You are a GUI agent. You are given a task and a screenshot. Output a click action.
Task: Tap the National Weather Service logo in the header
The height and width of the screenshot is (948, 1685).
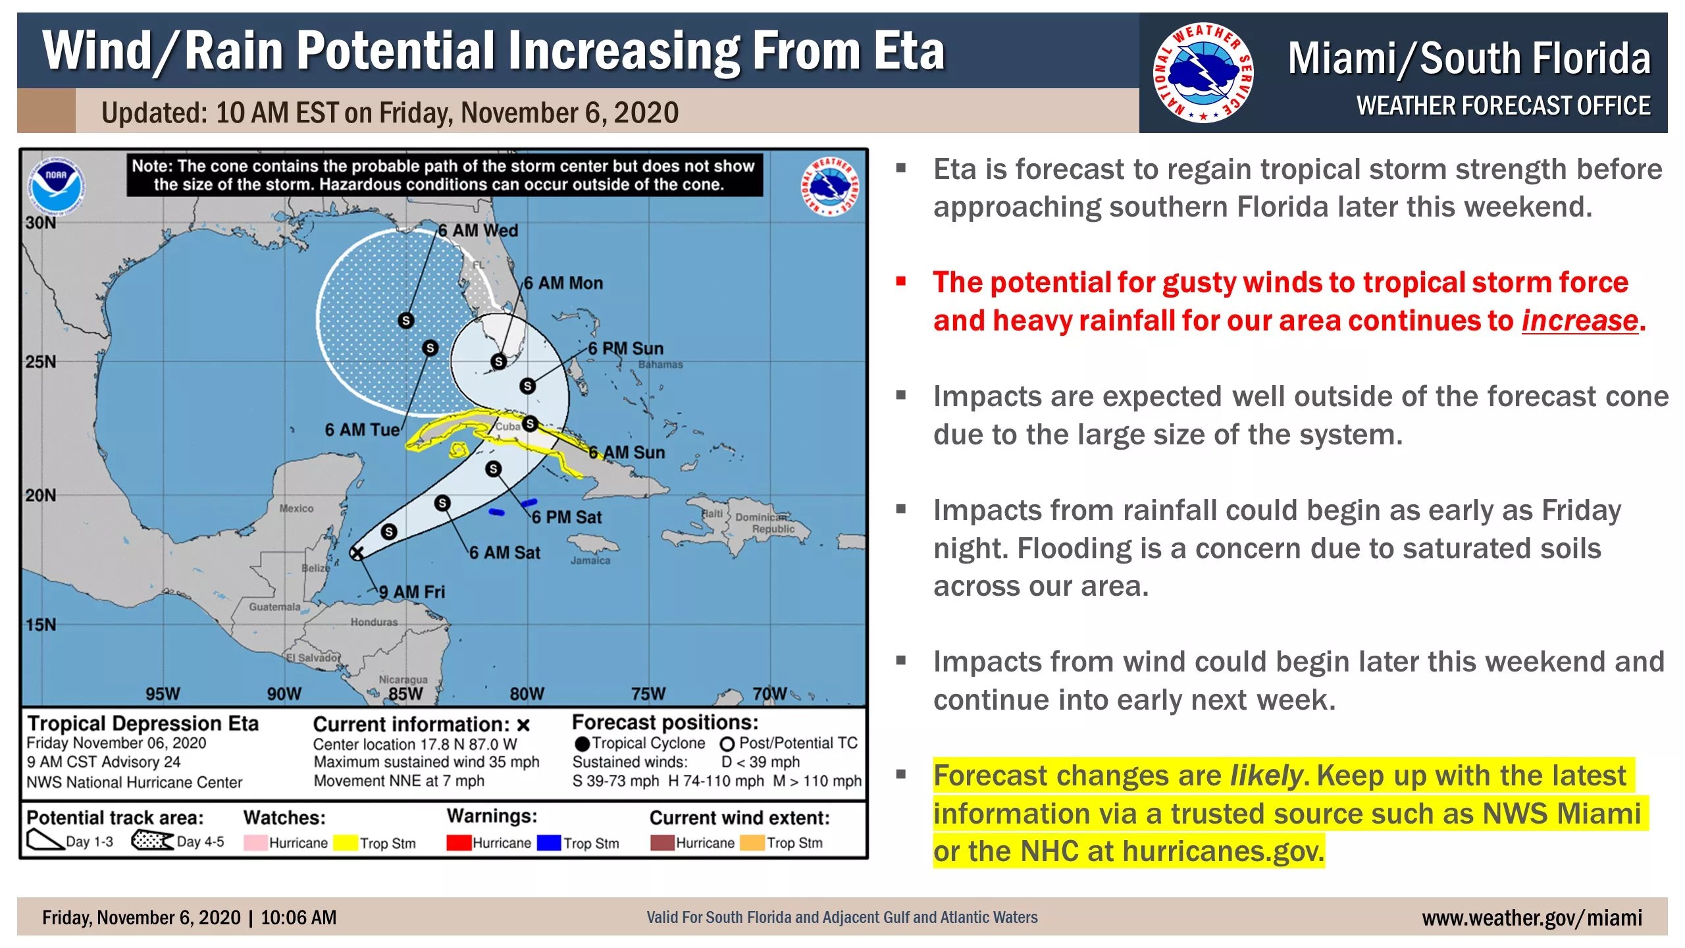point(1203,72)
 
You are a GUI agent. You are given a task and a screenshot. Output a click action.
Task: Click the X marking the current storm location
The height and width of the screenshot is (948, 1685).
point(356,553)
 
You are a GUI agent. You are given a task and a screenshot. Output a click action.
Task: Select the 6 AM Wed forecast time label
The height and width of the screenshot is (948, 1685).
point(478,230)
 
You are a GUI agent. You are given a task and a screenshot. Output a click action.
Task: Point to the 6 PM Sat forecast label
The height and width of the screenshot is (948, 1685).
point(566,517)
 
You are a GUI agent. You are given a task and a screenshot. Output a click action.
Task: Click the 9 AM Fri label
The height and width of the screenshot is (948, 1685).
point(412,592)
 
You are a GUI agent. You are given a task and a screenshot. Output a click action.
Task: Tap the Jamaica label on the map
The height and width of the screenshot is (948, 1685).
point(590,560)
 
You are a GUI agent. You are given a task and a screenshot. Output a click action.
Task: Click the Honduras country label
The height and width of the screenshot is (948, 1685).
point(374,622)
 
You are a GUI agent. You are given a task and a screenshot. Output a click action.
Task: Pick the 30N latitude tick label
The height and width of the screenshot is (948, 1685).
point(41,223)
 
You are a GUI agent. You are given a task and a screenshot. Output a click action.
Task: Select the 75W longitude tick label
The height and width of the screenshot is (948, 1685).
point(648,693)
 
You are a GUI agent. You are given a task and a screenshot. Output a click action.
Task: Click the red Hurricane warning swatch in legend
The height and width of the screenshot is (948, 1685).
point(459,843)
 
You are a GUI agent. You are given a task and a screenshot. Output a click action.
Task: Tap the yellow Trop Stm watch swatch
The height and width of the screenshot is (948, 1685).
point(346,843)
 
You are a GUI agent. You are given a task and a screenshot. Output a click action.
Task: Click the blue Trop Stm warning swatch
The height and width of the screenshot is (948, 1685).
point(549,843)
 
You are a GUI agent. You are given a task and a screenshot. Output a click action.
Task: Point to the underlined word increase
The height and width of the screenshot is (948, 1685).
point(1580,321)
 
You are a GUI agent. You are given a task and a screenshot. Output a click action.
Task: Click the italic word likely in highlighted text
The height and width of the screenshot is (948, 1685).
point(1266,776)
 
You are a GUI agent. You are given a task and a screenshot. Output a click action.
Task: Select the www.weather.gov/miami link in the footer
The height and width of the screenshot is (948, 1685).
point(1532,917)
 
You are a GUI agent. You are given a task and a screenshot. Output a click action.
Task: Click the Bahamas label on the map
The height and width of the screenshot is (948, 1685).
point(660,364)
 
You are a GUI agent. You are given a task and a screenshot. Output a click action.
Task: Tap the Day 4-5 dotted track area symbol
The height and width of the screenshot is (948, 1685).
point(152,841)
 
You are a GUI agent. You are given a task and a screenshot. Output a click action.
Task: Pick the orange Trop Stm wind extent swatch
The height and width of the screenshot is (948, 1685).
point(752,843)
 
